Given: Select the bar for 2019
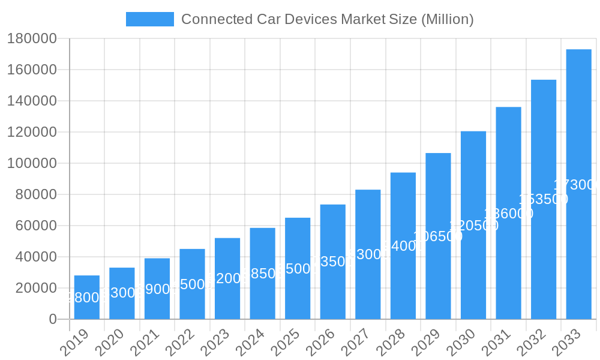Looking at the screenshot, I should (87, 297).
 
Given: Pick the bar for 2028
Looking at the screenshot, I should (403, 245).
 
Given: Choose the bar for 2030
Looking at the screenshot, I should (473, 225).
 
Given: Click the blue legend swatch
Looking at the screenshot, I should (149, 19).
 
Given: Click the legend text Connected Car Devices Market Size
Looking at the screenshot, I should (327, 19).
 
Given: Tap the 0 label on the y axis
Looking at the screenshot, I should (52, 319).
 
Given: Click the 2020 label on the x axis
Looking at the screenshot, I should (109, 343).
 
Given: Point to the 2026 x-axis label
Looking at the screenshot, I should (320, 343).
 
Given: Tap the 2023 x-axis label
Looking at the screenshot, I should (214, 343).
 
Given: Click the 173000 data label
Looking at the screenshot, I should (576, 185).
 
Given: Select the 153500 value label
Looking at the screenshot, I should (543, 199).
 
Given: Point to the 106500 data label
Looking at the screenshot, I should (438, 236).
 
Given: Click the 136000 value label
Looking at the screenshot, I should (508, 214).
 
